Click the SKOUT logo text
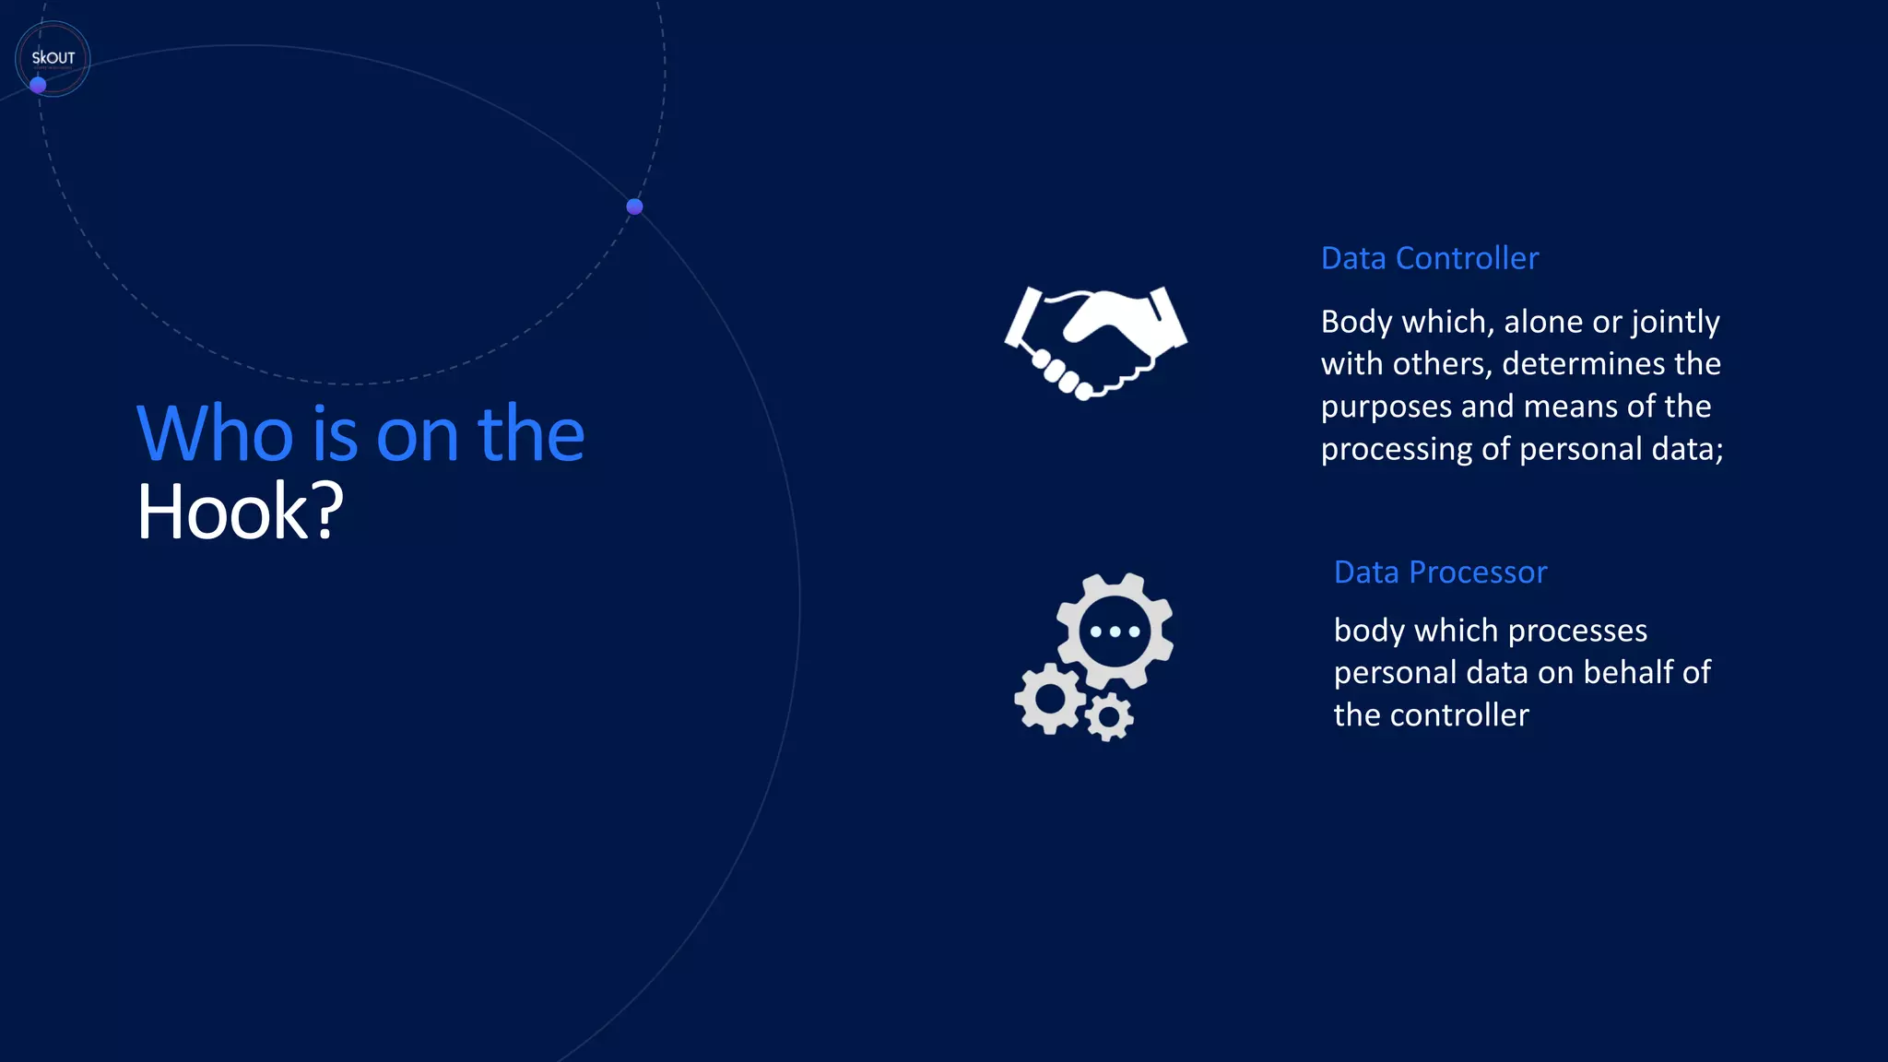click(53, 57)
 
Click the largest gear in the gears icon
click(1115, 631)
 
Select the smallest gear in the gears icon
click(1109, 716)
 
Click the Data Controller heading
click(1429, 258)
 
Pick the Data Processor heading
click(1440, 572)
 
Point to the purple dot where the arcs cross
click(634, 206)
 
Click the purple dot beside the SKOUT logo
click(38, 85)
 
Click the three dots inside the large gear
click(1115, 631)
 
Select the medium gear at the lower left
click(1050, 699)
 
